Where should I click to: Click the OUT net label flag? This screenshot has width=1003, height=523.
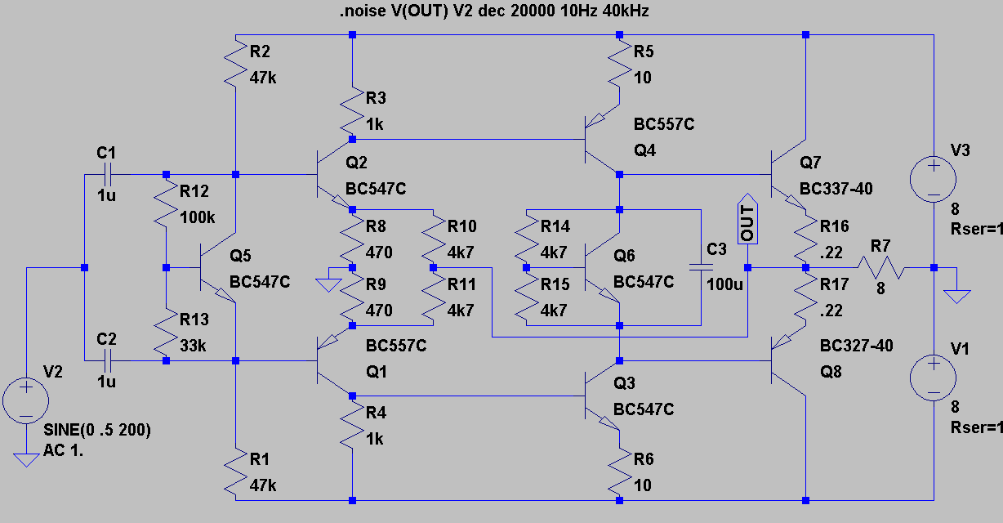click(x=747, y=219)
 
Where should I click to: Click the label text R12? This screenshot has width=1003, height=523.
click(x=194, y=192)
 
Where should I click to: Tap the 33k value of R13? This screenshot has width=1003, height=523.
click(x=194, y=345)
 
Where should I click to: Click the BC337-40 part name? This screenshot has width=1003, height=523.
click(x=836, y=189)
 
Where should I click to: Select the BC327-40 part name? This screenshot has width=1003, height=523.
click(x=856, y=346)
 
